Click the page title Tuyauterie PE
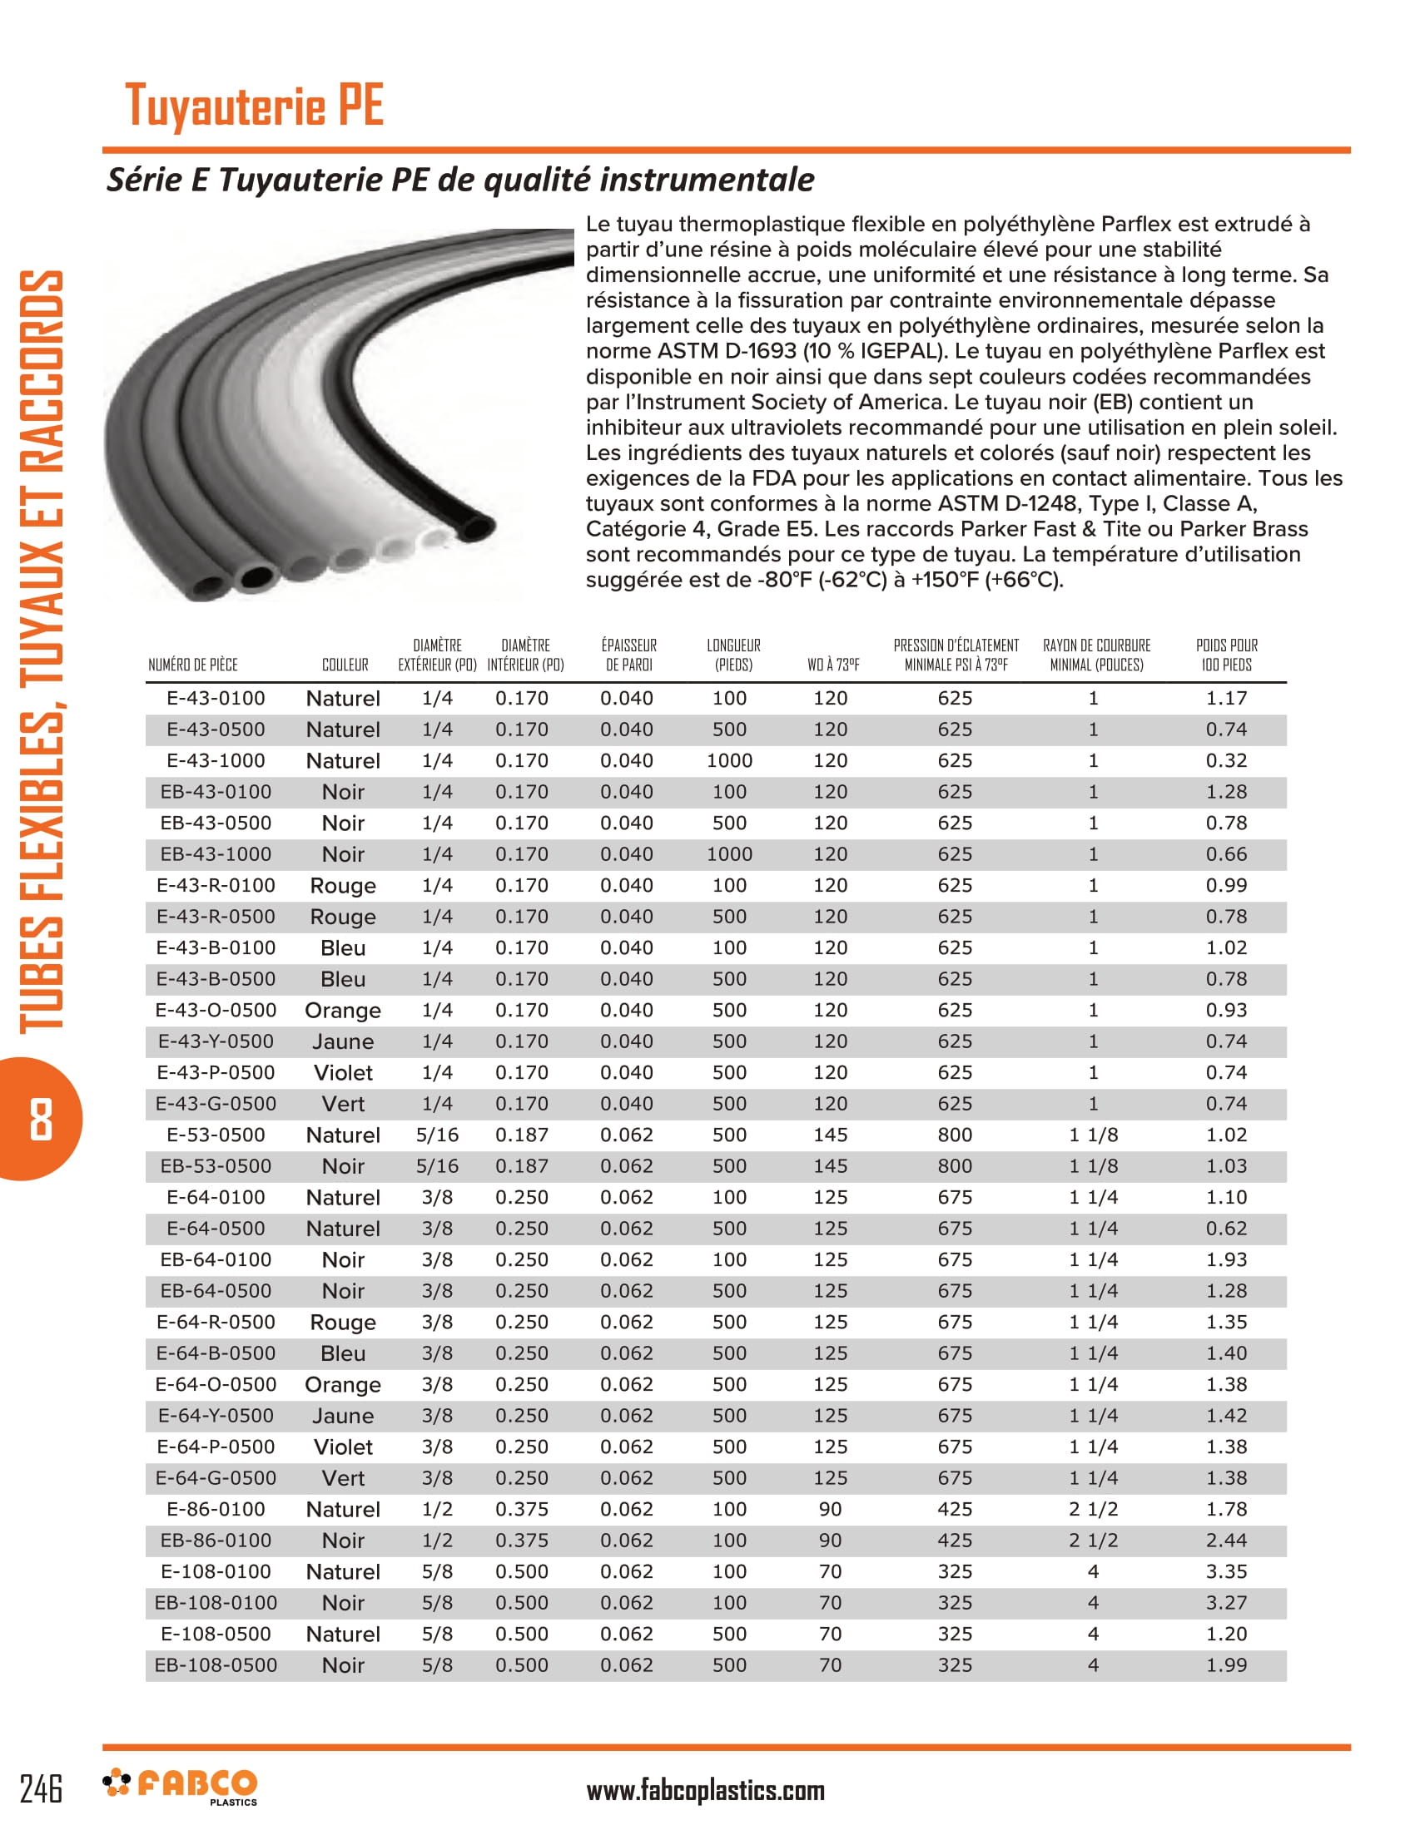tap(254, 106)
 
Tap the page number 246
tap(41, 1788)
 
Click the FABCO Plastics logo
tap(181, 1787)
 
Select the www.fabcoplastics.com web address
tap(705, 1791)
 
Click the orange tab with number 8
tap(40, 1119)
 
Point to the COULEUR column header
tap(345, 665)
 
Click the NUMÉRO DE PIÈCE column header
tap(193, 665)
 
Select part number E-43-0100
tap(216, 698)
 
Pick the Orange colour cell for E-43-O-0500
tap(343, 1011)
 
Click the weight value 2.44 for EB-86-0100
tap(1225, 1540)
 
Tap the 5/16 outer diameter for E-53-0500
tap(437, 1135)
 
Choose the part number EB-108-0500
tap(216, 1665)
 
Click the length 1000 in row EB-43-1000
tap(729, 854)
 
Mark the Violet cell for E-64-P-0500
tap(343, 1447)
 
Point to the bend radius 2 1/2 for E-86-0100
tap(1093, 1509)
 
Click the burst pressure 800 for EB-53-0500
tap(955, 1166)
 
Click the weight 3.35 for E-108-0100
tap(1225, 1572)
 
